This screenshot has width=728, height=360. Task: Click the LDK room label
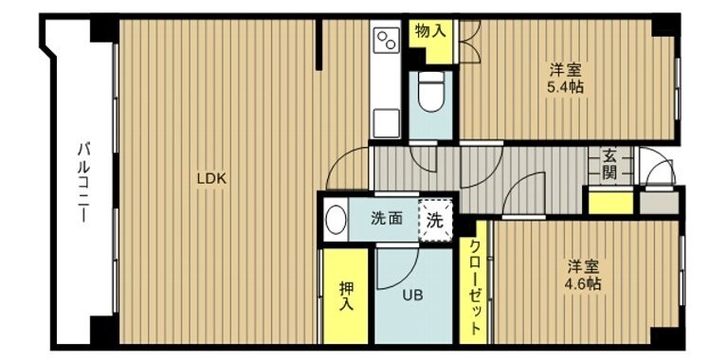tap(210, 177)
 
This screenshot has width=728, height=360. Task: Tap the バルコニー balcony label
tap(83, 180)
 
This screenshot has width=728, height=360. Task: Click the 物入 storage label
tap(429, 30)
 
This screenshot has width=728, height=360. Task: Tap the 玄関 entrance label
tap(609, 164)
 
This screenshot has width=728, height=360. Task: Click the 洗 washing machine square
tap(434, 221)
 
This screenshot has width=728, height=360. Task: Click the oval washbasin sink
tap(335, 220)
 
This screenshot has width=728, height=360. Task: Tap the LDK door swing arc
tap(345, 167)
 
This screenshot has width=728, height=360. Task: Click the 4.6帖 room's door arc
tap(523, 196)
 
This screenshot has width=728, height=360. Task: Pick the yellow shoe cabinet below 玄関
tap(610, 202)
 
